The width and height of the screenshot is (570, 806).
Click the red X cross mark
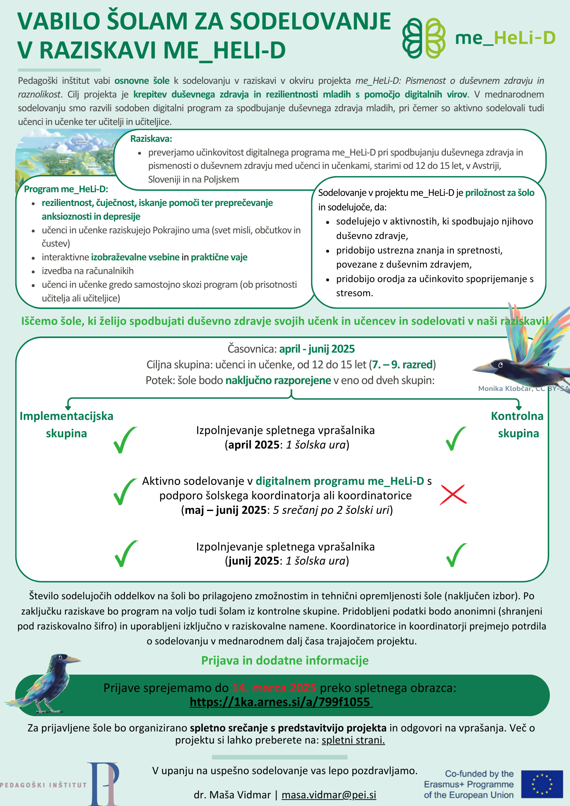pyautogui.click(x=453, y=494)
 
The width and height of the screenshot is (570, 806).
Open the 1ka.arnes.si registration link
pyautogui.click(x=281, y=702)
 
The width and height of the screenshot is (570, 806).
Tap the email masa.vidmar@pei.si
pyautogui.click(x=329, y=795)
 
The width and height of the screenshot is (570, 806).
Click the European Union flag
pyautogui.click(x=542, y=784)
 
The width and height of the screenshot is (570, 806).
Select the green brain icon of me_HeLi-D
pyautogui.click(x=424, y=38)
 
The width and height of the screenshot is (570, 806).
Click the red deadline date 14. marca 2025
pyautogui.click(x=274, y=688)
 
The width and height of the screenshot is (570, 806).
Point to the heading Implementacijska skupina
pyautogui.click(x=67, y=424)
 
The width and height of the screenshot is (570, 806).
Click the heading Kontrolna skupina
pyautogui.click(x=518, y=424)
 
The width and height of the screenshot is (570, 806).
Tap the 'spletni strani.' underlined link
pyautogui.click(x=353, y=740)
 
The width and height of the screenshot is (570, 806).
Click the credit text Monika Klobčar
pyautogui.click(x=505, y=388)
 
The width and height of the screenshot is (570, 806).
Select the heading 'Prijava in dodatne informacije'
pyautogui.click(x=285, y=661)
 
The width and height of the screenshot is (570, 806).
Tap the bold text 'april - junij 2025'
pyautogui.click(x=317, y=349)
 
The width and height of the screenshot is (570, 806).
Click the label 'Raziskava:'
pyautogui.click(x=151, y=139)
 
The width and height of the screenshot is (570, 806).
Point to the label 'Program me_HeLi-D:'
pyautogui.click(x=66, y=189)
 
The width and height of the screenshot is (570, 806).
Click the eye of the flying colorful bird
pyautogui.click(x=500, y=365)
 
